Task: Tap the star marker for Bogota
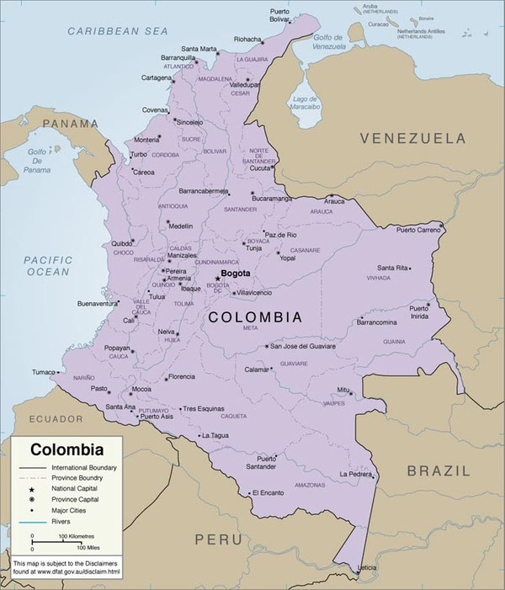(x=217, y=279)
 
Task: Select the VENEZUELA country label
(x=413, y=137)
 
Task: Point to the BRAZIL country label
(x=439, y=471)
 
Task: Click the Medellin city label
(x=180, y=226)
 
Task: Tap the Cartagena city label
(x=156, y=77)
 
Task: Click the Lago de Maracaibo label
(x=306, y=104)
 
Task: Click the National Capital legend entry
(x=74, y=488)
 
